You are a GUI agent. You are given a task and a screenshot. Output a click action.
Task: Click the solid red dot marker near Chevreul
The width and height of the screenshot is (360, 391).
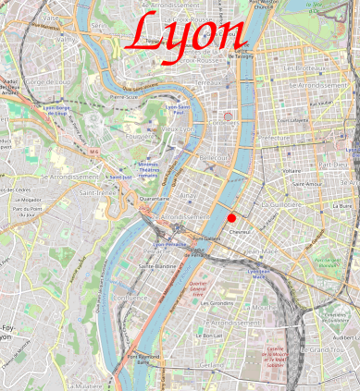(x=231, y=217)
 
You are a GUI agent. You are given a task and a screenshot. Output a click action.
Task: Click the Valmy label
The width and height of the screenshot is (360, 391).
(x=65, y=40)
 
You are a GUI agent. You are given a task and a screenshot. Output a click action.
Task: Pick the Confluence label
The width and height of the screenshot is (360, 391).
(x=129, y=298)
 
